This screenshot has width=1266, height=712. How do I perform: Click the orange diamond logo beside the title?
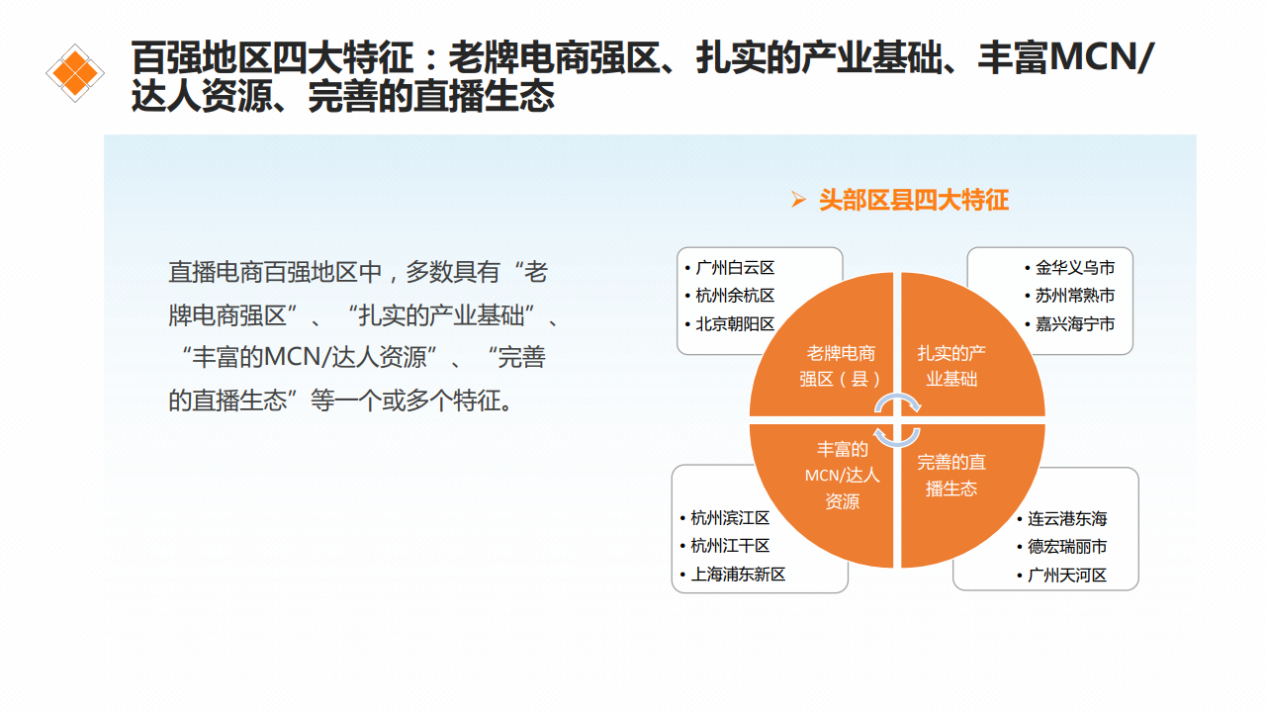tap(75, 73)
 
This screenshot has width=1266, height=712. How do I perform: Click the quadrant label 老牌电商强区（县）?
tap(841, 366)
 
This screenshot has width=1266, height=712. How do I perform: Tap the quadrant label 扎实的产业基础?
tap(951, 366)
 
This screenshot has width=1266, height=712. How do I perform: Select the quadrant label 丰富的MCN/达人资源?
tap(842, 476)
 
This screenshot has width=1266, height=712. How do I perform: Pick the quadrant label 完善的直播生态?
tap(951, 476)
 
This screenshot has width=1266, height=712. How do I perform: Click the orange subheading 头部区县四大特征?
tap(914, 200)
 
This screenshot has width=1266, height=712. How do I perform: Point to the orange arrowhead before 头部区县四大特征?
tap(798, 199)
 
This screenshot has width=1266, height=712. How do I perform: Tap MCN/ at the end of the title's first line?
tap(1101, 57)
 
